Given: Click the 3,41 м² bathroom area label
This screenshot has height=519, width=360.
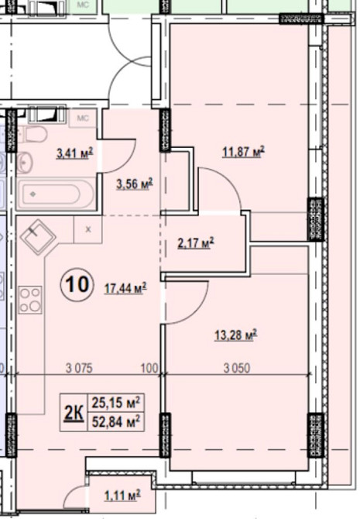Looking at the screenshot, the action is [75, 153].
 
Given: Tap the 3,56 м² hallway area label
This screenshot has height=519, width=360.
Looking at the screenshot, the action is [135, 184].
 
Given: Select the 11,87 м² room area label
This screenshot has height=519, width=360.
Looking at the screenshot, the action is [244, 152].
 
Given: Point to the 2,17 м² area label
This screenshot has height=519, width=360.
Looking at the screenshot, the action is [196, 243].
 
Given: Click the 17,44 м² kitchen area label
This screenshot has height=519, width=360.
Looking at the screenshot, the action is [125, 289].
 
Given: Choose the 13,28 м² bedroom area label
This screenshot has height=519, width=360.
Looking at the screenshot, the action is [236, 335].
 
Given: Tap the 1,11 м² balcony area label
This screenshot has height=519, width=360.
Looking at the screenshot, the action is [122, 496].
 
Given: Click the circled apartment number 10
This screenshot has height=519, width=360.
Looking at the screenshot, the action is [77, 284].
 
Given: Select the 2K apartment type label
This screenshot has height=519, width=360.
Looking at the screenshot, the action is [74, 412].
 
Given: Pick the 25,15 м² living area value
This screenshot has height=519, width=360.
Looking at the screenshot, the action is [116, 403].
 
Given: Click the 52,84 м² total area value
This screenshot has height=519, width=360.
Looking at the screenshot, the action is [116, 421].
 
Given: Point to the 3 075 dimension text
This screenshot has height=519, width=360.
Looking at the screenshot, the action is [79, 368].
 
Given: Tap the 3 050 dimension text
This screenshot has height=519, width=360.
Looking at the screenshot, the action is [237, 368].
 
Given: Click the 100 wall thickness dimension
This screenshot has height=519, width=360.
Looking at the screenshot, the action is [149, 368].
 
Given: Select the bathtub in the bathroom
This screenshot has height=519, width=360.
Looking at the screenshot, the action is [57, 194].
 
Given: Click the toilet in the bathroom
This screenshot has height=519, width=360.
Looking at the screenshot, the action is [36, 134].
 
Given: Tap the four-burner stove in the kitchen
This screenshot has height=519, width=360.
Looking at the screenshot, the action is [30, 301].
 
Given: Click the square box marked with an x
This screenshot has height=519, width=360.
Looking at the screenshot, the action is [87, 229].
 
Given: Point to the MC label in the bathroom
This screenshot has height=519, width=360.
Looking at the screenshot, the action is [82, 119].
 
